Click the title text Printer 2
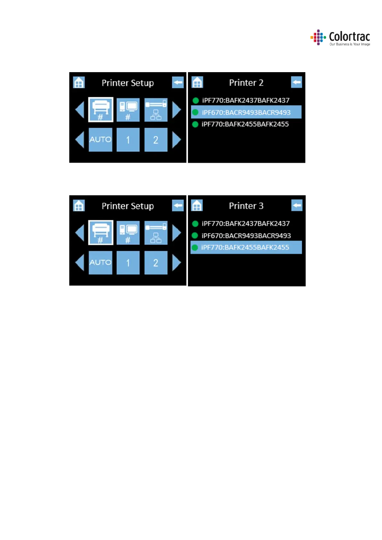246,83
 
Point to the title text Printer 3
246,206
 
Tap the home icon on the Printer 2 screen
197,82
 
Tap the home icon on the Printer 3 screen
197,206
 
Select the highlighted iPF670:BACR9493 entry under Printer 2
246,113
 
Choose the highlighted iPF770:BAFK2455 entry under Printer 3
246,248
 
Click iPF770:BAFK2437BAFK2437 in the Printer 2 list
246,100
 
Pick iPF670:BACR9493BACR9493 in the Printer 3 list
246,236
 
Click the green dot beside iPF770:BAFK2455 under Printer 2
195,124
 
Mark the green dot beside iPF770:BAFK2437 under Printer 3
195,224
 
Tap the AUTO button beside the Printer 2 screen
100,140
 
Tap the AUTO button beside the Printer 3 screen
100,263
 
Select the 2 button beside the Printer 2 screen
156,140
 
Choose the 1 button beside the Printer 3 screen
128,263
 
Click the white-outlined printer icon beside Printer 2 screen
101,110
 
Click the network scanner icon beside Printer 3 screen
156,233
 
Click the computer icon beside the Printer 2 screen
128,110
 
